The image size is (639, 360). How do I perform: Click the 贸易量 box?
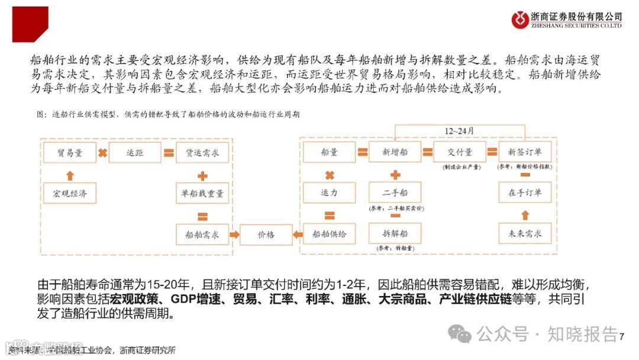[70, 153]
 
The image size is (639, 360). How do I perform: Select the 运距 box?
[135, 153]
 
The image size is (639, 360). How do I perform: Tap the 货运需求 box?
[202, 153]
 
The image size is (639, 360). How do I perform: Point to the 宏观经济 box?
[70, 194]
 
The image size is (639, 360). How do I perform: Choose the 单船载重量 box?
[202, 194]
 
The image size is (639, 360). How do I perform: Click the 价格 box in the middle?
[266, 234]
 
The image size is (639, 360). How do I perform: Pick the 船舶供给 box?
[330, 234]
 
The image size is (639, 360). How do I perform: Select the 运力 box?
[330, 193]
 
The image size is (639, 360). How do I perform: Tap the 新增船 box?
[395, 153]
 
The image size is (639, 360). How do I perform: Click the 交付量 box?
[460, 153]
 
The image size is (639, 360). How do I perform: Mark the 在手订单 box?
[525, 193]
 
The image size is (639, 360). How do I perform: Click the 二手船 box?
[395, 193]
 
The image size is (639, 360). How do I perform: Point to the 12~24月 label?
[460, 130]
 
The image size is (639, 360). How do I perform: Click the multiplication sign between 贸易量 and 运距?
[102, 153]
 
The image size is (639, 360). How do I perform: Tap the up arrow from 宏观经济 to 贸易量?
[70, 175]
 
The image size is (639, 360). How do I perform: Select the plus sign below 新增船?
[395, 175]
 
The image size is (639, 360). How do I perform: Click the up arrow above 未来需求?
[525, 215]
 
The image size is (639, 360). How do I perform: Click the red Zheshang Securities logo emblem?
[521, 20]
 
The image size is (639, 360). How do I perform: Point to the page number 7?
[622, 337]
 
